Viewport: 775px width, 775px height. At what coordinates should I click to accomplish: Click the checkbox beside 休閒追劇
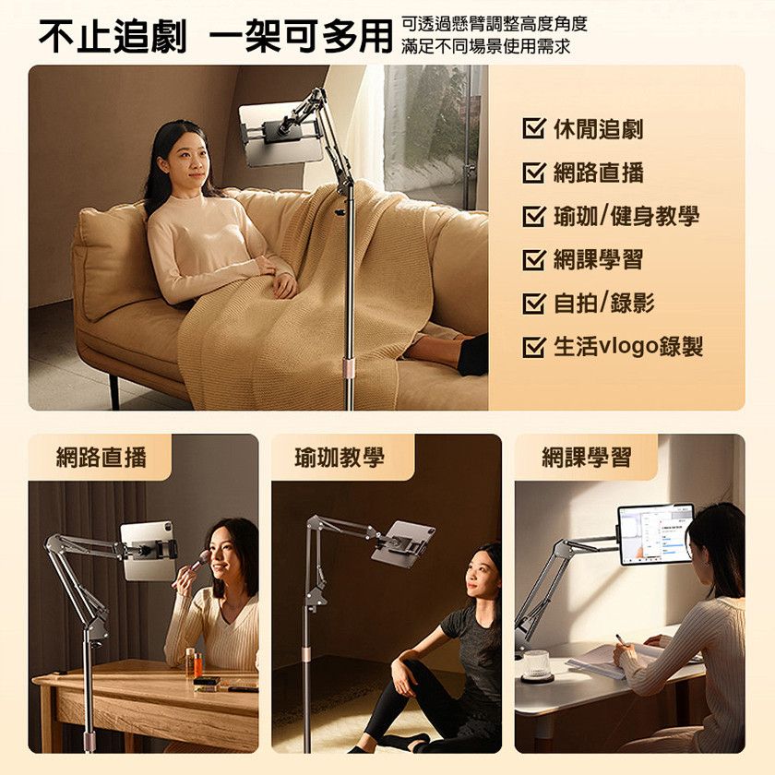(534, 128)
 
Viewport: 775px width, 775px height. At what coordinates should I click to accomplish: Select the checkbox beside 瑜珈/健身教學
(534, 216)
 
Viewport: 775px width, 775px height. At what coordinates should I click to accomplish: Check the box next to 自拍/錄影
(534, 303)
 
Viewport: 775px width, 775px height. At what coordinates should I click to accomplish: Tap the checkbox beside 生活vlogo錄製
(534, 347)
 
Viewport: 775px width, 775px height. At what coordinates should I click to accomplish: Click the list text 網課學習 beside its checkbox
(598, 259)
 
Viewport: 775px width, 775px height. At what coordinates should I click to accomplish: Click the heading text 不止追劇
(113, 36)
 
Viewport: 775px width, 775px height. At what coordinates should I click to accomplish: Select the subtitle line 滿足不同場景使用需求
(486, 46)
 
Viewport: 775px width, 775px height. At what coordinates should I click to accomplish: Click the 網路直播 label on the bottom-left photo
(101, 457)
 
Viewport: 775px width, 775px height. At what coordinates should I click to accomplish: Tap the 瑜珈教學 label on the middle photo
(340, 457)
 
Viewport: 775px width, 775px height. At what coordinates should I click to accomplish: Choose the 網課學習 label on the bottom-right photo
(587, 457)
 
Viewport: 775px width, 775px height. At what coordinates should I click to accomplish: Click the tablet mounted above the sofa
(280, 135)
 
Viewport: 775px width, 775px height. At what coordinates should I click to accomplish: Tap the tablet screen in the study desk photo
(655, 534)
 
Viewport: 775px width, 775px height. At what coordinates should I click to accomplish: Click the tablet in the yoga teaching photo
(403, 542)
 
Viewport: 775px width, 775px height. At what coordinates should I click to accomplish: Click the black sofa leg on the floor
(114, 392)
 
